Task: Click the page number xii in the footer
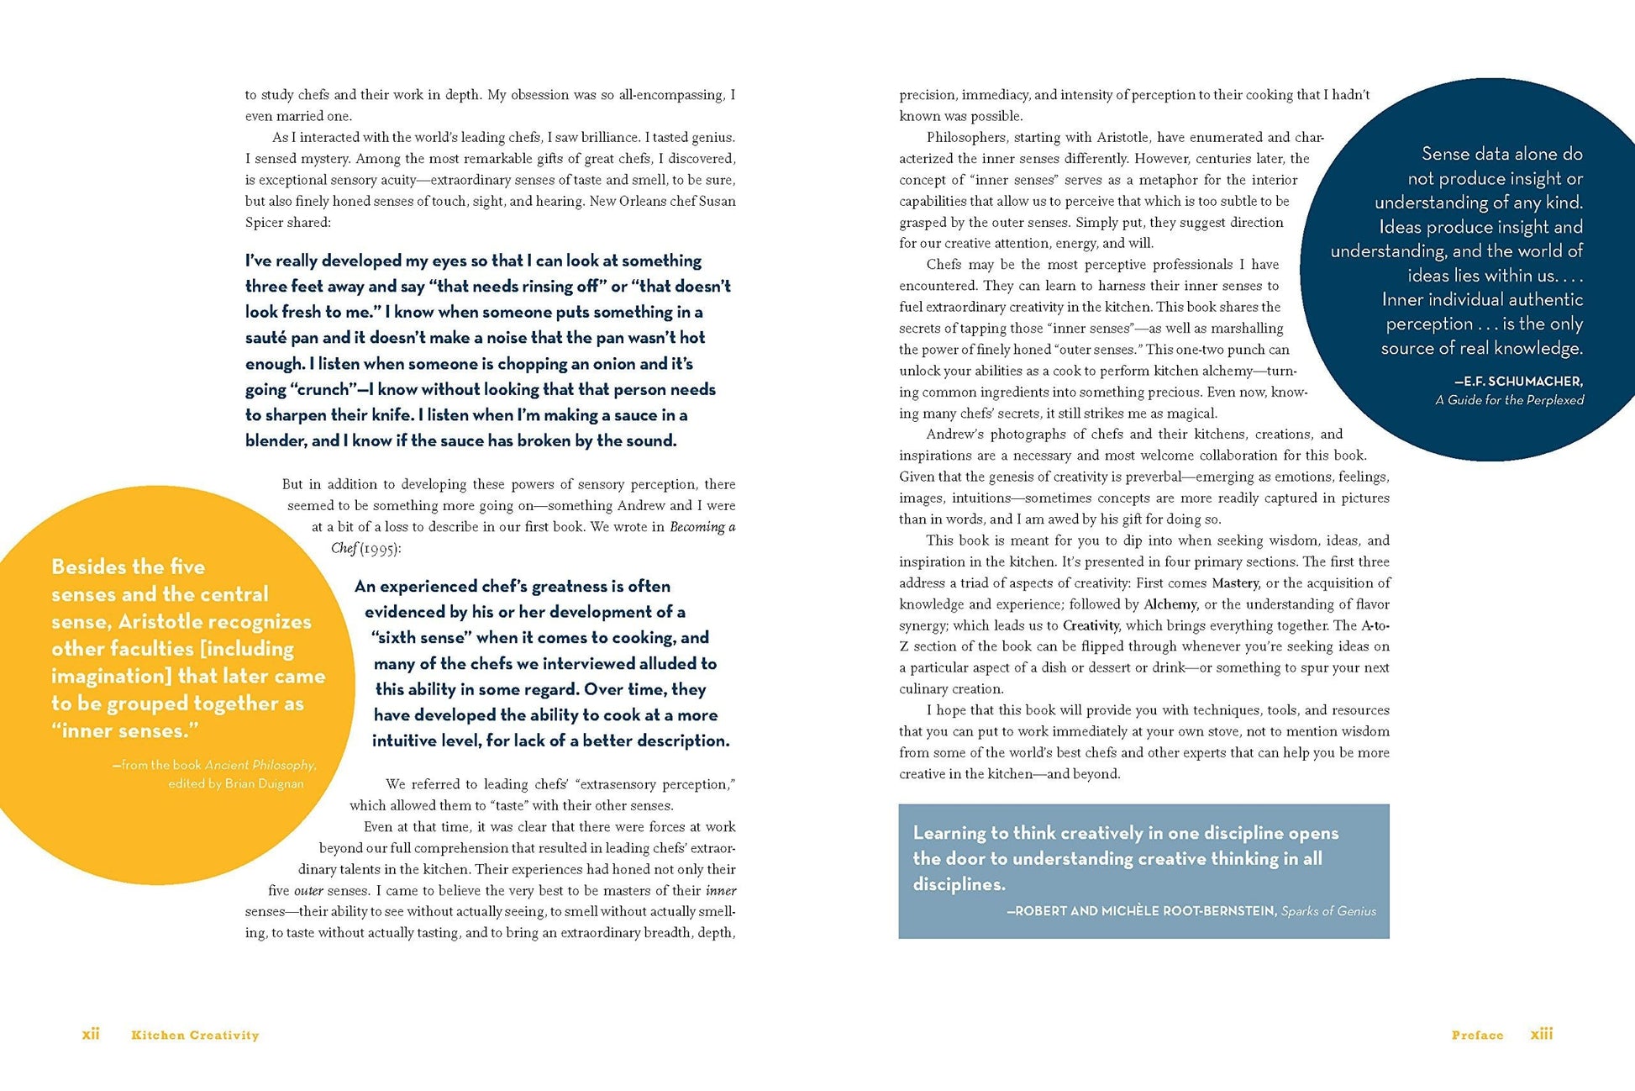pyautogui.click(x=91, y=1034)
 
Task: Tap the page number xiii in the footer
pyautogui.click(x=1541, y=1034)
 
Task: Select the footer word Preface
pyautogui.click(x=1477, y=1035)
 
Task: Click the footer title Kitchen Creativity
pyautogui.click(x=195, y=1035)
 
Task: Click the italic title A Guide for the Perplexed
pyautogui.click(x=1509, y=400)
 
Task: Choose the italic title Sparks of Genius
pyautogui.click(x=1328, y=910)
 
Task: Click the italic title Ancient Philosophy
pyautogui.click(x=260, y=765)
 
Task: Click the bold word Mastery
pyautogui.click(x=1234, y=582)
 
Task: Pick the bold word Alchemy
pyautogui.click(x=1170, y=604)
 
